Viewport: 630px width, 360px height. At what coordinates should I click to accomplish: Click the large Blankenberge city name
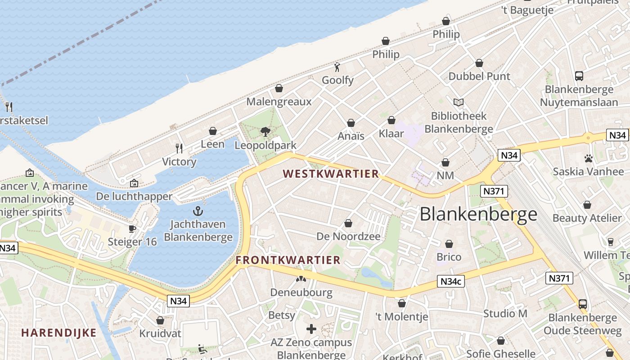coord(478,215)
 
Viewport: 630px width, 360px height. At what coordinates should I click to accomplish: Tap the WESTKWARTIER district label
coord(331,174)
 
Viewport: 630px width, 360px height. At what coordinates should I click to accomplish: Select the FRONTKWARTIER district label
coord(288,260)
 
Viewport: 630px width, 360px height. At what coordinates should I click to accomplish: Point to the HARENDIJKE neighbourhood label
coord(59,333)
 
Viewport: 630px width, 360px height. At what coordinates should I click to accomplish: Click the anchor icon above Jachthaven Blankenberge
coord(198,211)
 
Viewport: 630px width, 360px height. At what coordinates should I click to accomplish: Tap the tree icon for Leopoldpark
coord(265,131)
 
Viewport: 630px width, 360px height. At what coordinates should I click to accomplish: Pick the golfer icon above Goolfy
coord(337,67)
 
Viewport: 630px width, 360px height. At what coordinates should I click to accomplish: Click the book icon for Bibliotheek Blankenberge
coord(459,103)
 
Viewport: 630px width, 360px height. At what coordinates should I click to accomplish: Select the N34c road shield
coord(451,282)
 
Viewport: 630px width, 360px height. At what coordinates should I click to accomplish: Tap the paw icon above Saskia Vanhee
coord(588,158)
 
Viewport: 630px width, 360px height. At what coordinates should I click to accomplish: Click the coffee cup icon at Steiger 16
coord(132,229)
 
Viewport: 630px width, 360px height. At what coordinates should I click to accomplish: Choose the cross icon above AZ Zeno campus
coord(311,329)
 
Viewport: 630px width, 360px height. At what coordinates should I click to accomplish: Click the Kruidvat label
coord(160,333)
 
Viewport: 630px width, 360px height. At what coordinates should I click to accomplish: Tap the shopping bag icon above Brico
coord(449,244)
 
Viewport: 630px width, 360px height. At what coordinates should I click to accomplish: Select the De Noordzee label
coord(348,236)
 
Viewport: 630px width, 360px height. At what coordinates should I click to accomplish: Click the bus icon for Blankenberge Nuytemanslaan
coord(579,76)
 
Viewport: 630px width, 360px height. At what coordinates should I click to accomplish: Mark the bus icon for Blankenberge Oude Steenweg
coord(583,304)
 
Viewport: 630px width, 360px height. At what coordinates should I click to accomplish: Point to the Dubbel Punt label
coord(479,76)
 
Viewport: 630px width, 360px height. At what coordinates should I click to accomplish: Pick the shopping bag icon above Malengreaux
coord(279,88)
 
